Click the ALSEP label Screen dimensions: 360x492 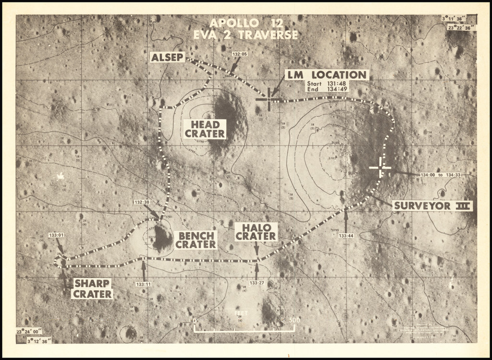point(167,58)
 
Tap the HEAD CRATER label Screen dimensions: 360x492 point(205,129)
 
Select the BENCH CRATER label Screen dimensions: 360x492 point(196,240)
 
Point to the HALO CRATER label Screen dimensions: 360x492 point(256,232)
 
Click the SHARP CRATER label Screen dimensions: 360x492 point(92,288)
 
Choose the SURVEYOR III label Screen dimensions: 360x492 point(432,206)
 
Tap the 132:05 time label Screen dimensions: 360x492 point(240,54)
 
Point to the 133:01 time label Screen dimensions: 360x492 point(56,235)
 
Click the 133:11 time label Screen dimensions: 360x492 point(143,284)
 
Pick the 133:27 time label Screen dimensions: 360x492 point(257,283)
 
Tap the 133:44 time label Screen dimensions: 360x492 point(346,236)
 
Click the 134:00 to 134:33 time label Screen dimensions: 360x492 point(440,175)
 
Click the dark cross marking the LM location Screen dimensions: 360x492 point(269,99)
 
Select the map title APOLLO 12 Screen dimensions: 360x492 point(246,23)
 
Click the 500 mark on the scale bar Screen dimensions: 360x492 point(295,320)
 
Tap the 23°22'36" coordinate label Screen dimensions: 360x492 point(461,27)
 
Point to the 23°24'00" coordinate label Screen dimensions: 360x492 point(29,331)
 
